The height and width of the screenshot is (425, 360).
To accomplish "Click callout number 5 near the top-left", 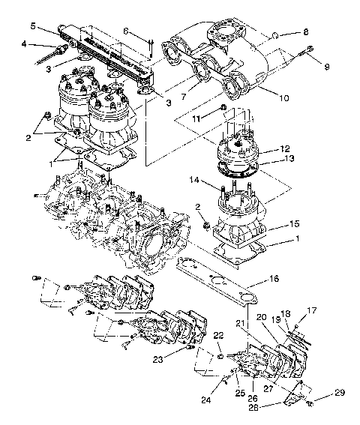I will pyautogui.click(x=33, y=25).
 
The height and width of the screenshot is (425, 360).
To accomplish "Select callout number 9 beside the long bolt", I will pyautogui.click(x=326, y=67).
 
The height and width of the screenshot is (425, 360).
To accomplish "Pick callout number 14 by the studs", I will pyautogui.click(x=194, y=180).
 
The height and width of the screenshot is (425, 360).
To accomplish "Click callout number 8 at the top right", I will pyautogui.click(x=305, y=32).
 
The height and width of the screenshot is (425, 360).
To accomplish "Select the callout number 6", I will pyautogui.click(x=126, y=30).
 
